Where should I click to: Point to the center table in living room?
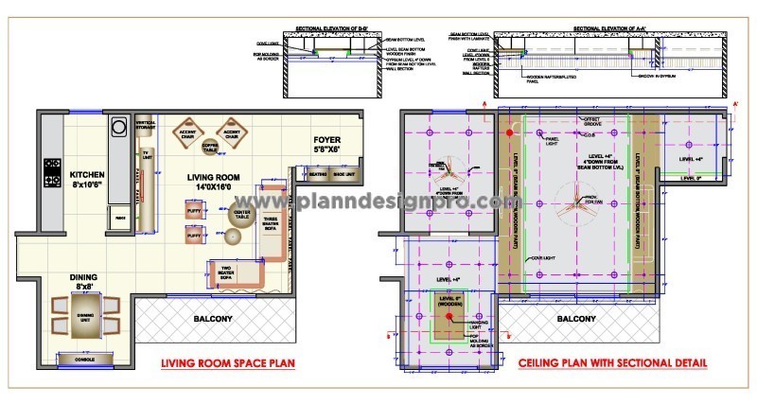tap(240, 214)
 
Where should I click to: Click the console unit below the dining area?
tap(79, 360)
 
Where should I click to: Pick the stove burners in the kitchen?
tap(51, 173)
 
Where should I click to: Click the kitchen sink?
tap(120, 126)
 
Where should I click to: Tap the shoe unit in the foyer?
tap(343, 175)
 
